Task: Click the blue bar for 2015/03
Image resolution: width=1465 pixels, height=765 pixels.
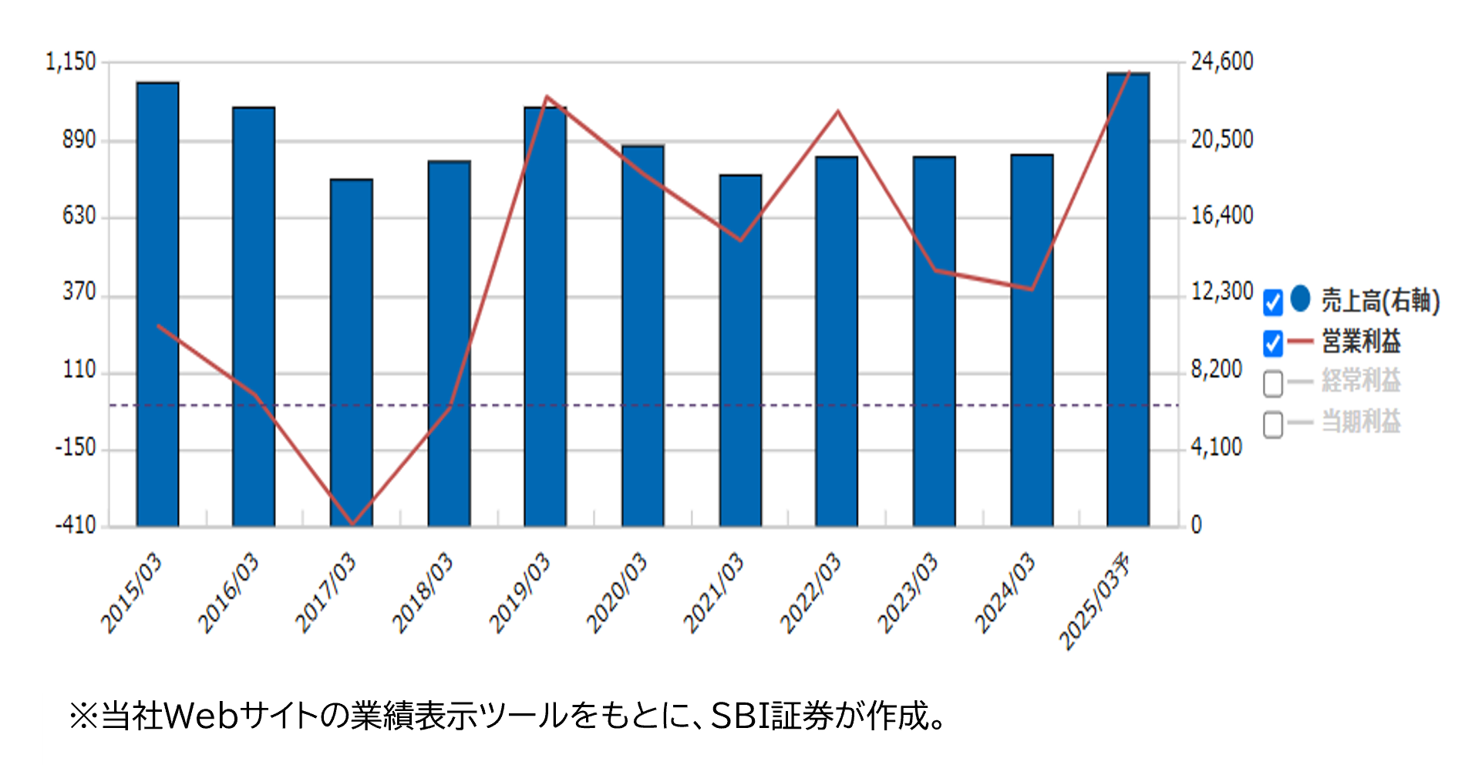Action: coord(157,304)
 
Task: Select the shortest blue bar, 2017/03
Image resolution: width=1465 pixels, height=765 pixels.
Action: coord(351,352)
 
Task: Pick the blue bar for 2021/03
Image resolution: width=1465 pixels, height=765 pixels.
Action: coord(740,350)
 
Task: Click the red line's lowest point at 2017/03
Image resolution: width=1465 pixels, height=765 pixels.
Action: coord(352,524)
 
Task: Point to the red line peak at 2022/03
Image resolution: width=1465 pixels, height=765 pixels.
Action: coord(838,112)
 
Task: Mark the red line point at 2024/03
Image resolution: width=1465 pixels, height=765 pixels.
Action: coord(1032,289)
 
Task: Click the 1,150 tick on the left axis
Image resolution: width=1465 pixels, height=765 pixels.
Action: coord(71,62)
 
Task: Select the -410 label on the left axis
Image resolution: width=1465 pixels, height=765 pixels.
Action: coord(75,526)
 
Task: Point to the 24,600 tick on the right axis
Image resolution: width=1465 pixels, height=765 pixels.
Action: coord(1222,62)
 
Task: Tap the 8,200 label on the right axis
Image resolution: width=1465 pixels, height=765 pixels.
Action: coord(1217,369)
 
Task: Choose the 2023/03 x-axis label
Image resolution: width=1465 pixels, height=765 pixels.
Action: coord(908,592)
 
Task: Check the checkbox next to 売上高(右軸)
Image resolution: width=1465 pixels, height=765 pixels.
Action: coord(1273,302)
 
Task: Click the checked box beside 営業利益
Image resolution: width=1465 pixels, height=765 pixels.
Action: coord(1273,343)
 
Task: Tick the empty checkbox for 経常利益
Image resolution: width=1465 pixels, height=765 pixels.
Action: coord(1273,383)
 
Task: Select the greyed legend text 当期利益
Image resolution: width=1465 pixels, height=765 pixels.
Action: coord(1361,422)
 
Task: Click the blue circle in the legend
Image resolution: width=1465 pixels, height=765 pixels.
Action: coord(1301,298)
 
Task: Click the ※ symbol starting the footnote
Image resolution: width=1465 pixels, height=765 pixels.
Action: coord(83,716)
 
